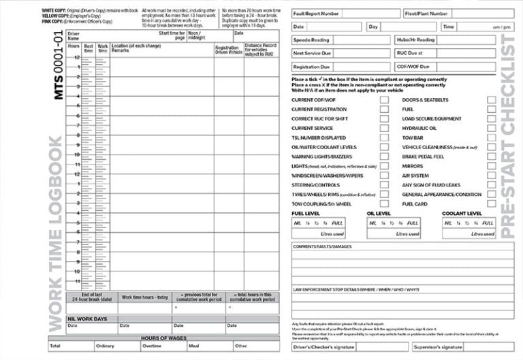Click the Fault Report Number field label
tap(315, 13)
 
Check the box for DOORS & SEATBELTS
tap(491, 100)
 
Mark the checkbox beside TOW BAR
tap(491, 138)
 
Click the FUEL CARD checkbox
tap(491, 203)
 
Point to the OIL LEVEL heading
tap(379, 213)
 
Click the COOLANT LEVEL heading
tap(462, 213)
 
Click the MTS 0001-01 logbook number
tap(59, 65)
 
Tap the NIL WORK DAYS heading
tap(86, 318)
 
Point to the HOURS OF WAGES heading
tap(163, 338)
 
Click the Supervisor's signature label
tap(439, 347)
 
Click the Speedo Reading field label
tap(311, 40)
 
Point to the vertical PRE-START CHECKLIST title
tap(507, 136)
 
